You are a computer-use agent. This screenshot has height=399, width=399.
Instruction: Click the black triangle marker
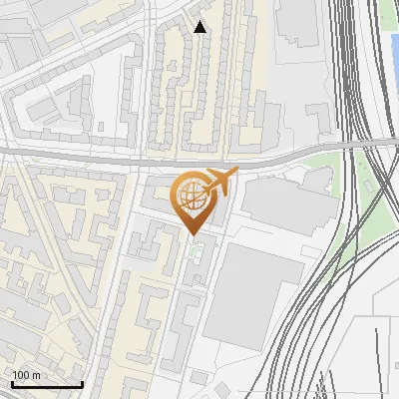(199, 27)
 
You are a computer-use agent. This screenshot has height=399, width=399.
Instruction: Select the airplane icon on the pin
(219, 182)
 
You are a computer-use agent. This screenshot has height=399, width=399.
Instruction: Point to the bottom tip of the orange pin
(196, 235)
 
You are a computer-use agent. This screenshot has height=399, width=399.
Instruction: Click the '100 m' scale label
(27, 374)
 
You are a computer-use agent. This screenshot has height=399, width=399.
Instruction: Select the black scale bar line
(47, 384)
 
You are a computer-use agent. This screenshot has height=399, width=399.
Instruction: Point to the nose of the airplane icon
(236, 174)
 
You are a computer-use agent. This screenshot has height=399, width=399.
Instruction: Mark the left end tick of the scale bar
(12, 382)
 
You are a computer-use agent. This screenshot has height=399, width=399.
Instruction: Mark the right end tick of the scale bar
(82, 382)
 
